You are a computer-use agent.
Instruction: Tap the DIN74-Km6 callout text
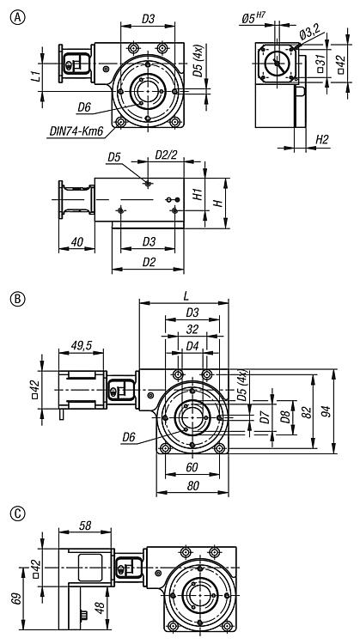pyautogui.click(x=76, y=132)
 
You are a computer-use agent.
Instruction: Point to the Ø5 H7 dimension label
pyautogui.click(x=253, y=18)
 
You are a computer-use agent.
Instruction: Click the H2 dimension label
pyautogui.click(x=322, y=140)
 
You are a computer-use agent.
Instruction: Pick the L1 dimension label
pyautogui.click(x=36, y=76)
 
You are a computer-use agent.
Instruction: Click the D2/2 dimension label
pyautogui.click(x=167, y=155)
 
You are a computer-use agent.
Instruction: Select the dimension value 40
pyautogui.click(x=76, y=242)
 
